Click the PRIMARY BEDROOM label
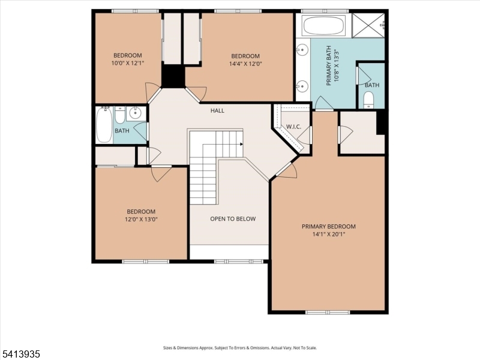[x=328, y=226]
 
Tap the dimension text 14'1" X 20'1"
[x=328, y=235]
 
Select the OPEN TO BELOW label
[x=233, y=219]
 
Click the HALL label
[x=217, y=110]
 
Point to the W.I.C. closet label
[x=293, y=127]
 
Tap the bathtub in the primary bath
[x=323, y=26]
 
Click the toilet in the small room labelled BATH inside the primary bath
[x=369, y=99]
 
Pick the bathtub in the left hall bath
[x=104, y=125]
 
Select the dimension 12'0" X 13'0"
[x=141, y=220]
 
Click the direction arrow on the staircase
[x=240, y=144]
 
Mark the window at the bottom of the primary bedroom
[x=328, y=312]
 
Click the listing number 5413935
[x=21, y=355]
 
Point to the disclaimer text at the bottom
[x=240, y=347]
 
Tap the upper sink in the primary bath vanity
[x=302, y=49]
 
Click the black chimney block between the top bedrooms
[x=174, y=76]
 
